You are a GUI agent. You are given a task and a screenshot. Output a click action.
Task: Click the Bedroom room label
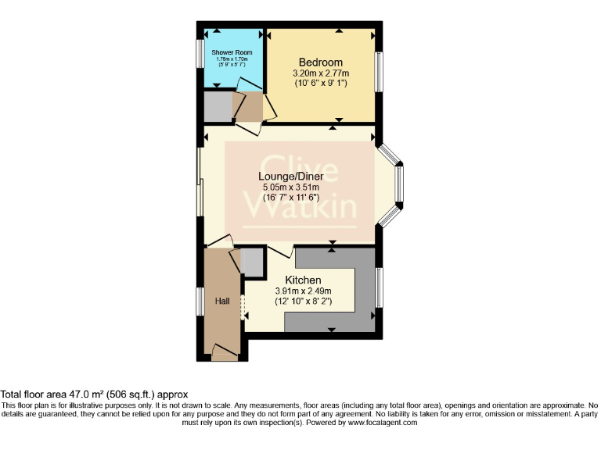tap(320, 62)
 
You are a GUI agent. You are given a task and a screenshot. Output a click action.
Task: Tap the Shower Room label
tap(232, 52)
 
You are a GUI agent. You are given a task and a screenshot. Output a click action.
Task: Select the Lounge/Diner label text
tap(291, 177)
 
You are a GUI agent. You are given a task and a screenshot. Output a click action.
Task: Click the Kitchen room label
tap(302, 280)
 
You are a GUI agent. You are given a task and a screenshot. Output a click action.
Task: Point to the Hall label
tap(221, 301)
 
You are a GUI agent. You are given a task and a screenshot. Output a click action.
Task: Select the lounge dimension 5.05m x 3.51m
tap(291, 188)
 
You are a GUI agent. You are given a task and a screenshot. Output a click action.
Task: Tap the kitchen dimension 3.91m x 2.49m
tap(302, 291)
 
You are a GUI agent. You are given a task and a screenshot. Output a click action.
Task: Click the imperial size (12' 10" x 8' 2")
tap(302, 302)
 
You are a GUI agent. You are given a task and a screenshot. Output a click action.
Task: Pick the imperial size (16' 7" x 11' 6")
tap(291, 199)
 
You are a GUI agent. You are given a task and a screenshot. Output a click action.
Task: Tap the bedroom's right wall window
tap(379, 73)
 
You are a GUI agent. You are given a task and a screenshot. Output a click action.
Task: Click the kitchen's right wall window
tap(379, 287)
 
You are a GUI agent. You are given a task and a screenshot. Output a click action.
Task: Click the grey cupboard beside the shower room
tap(218, 108)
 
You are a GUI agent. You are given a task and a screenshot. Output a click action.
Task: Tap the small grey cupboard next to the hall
tap(252, 263)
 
